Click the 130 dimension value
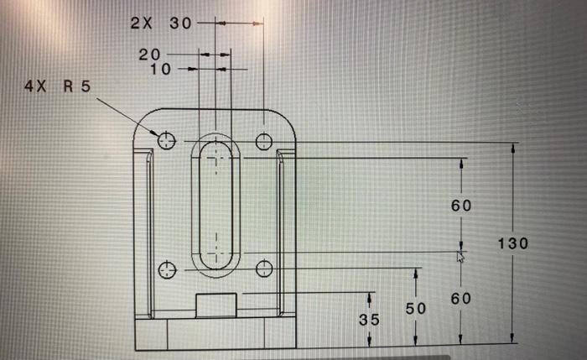click(512, 243)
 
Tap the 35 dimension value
click(369, 320)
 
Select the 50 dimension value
click(416, 309)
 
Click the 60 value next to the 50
click(461, 298)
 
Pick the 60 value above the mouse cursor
click(461, 205)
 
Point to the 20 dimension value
click(149, 55)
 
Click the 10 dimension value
click(160, 69)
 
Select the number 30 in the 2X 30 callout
click(180, 23)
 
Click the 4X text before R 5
click(38, 87)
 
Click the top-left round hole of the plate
click(166, 140)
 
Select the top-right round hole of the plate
click(263, 141)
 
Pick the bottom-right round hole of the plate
click(264, 269)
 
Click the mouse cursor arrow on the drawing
click(460, 256)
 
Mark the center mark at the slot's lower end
click(216, 252)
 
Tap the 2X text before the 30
click(141, 23)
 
